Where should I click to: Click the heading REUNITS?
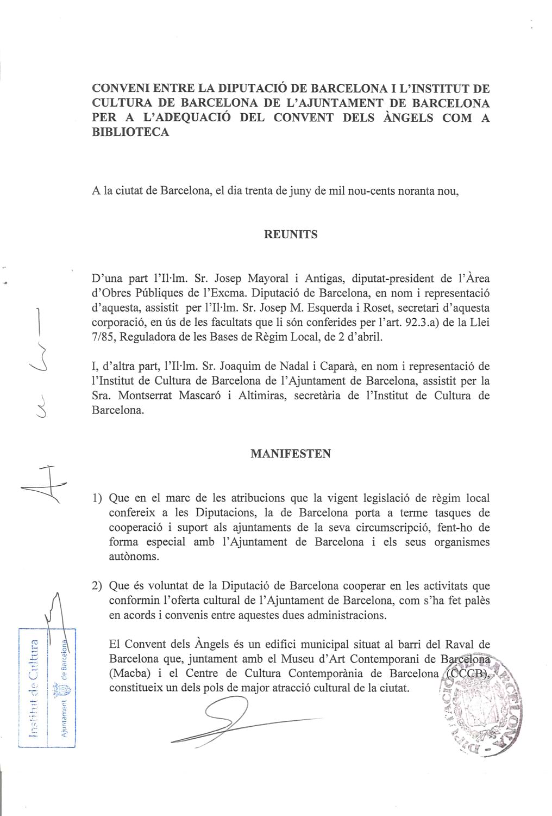pos(291,234)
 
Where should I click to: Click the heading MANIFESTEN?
pos(291,453)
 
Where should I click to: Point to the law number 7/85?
pos(104,336)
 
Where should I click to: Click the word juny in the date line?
pos(303,191)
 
